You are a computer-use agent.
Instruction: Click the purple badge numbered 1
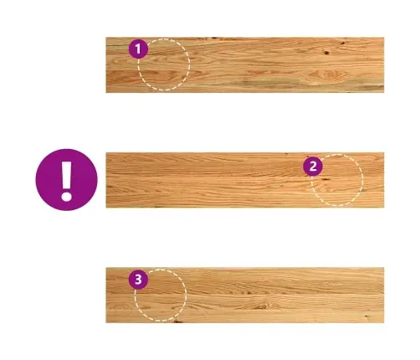coord(138,49)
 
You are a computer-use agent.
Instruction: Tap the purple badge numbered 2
coord(313,167)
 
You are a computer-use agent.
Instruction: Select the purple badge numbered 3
coord(138,280)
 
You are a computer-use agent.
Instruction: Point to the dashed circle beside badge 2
coord(363,180)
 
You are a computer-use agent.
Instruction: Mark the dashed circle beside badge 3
coord(187,295)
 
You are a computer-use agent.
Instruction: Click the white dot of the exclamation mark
coord(67,195)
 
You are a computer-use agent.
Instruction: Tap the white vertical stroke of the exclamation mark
coord(67,174)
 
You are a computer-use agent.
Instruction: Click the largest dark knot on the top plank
coord(326,52)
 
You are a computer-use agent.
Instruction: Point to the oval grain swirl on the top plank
coord(329,75)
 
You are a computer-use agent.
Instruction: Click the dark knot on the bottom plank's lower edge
coord(177,321)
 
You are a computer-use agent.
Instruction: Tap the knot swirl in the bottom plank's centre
coord(262,306)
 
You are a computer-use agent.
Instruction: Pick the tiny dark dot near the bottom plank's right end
coord(366,316)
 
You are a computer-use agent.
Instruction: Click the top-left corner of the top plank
coord(106,38)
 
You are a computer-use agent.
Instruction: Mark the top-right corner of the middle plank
coord(384,152)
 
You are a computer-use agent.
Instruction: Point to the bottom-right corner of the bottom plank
coord(384,323)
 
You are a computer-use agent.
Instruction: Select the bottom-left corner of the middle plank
coord(106,208)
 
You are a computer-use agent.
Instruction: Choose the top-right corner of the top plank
coord(384,38)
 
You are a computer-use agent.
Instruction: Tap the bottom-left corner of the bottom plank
coord(106,323)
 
